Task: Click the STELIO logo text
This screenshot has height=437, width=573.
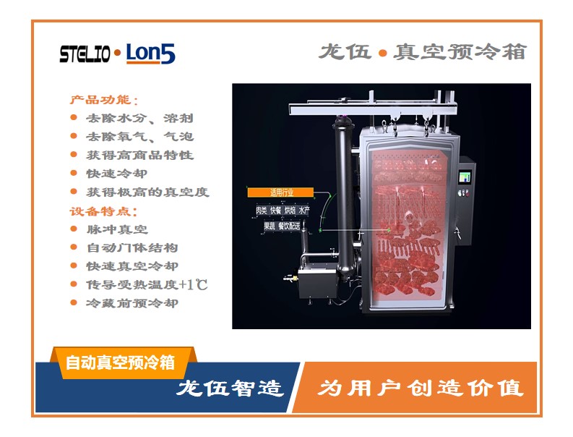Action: pos(85,54)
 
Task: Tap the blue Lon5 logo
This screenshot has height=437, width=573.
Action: pos(150,54)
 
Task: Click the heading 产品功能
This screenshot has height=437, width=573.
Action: pos(100,100)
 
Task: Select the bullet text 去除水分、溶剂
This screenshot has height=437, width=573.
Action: pos(139,118)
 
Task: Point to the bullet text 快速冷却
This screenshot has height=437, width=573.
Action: pos(117,174)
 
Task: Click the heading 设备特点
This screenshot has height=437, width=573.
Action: pos(100,211)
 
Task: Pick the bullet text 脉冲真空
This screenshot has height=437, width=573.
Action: pos(117,229)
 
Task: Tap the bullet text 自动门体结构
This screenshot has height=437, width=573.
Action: pos(132,247)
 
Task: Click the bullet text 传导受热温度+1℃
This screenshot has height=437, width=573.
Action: pos(147,284)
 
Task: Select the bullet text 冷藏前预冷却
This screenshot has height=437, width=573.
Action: pos(132,303)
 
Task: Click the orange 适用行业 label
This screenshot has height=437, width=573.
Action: pos(280,192)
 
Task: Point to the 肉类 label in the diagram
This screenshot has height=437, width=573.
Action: pos(262,210)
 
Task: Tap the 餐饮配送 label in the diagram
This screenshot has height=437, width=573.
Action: pos(290,226)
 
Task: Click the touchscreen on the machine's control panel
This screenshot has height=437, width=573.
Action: pos(465,177)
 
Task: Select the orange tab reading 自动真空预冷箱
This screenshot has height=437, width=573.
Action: pos(120,362)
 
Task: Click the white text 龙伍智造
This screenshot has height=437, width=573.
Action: pos(231,388)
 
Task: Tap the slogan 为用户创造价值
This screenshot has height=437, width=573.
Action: pos(421,388)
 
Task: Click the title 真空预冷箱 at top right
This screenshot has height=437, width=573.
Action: pos(460,51)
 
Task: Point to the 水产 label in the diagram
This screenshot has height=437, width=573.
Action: pos(304,210)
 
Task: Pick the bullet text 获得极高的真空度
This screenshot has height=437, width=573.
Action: pos(147,192)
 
